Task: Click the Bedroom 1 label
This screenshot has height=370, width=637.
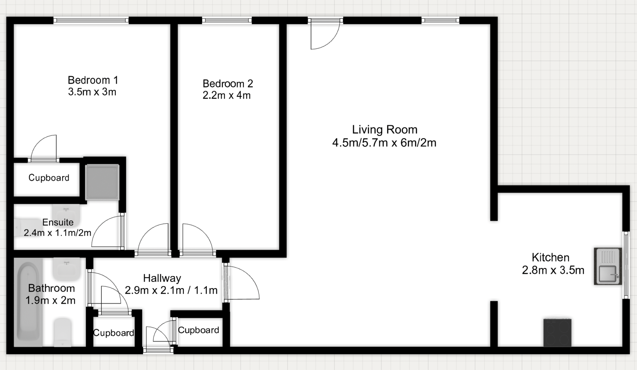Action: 93,80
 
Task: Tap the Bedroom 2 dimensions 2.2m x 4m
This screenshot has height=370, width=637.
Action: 227,95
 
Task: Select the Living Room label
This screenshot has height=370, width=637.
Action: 384,129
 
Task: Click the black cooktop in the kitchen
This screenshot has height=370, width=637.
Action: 557,332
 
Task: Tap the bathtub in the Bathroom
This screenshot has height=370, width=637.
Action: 28,304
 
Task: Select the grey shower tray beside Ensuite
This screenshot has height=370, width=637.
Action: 102,182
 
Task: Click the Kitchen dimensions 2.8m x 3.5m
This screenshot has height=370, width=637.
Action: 553,270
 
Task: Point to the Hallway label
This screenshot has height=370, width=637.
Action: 162,278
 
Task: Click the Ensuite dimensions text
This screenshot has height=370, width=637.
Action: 58,233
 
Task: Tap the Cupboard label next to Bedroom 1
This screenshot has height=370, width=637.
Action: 49,178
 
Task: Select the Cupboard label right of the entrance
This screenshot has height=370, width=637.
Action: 198,330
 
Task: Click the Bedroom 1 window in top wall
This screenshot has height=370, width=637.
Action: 91,21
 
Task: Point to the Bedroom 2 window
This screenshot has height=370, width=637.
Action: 227,21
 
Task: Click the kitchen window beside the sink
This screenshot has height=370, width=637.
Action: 626,265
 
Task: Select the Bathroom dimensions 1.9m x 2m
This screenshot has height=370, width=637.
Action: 50,300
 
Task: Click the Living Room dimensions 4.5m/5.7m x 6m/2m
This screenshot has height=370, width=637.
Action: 384,143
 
